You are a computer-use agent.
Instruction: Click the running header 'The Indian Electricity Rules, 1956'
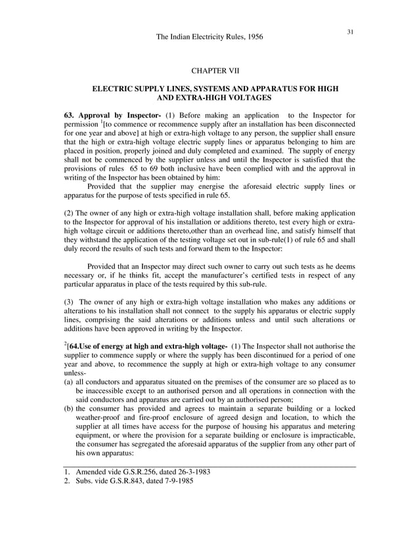click(209, 37)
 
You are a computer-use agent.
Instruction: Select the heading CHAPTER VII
click(209, 70)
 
